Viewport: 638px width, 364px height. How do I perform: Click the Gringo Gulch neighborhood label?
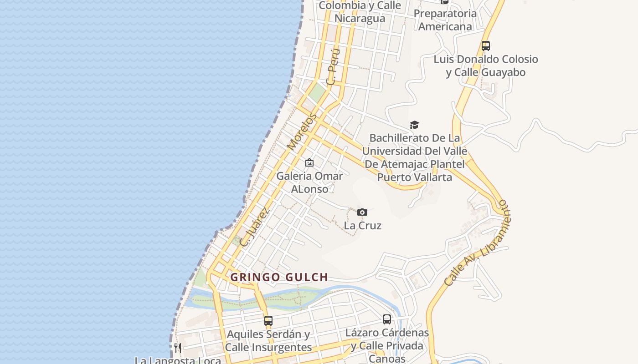point(279,277)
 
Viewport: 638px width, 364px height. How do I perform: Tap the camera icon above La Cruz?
point(362,212)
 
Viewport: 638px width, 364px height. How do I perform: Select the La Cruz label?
point(362,225)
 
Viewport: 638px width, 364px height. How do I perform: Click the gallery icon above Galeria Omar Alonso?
point(309,162)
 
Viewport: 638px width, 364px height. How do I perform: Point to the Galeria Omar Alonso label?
point(309,182)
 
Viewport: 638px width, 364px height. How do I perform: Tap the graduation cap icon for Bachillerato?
point(414,125)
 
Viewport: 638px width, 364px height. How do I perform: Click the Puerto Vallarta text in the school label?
point(415,177)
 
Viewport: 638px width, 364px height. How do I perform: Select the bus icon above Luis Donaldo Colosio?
point(486,46)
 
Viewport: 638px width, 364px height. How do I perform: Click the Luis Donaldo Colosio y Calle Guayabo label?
point(486,66)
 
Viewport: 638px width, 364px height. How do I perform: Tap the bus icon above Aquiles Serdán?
point(268,320)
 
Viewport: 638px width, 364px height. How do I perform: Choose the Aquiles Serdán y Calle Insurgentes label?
point(268,340)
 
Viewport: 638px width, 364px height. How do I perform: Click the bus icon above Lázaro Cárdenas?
point(387,319)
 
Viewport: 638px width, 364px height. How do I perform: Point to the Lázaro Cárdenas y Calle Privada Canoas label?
point(387,345)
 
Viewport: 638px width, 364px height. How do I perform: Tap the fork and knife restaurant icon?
point(178,348)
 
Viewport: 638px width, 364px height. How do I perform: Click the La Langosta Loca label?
point(178,360)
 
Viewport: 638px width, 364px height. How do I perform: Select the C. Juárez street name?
point(254,227)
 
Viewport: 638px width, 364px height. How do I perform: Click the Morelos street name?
point(302,132)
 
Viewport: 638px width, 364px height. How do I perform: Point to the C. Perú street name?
point(333,67)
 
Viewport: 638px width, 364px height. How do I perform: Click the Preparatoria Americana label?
point(445,20)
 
